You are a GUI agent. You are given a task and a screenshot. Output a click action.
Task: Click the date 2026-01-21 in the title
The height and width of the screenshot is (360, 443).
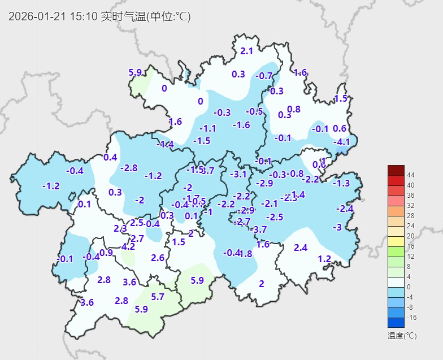[x=37, y=16]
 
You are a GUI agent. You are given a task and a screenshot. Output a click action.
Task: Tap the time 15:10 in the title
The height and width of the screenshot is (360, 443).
[x=82, y=16]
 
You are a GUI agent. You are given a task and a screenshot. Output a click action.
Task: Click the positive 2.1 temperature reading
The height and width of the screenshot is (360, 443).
[x=246, y=51]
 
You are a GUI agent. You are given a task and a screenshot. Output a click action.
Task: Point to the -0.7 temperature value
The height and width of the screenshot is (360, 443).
[x=264, y=76]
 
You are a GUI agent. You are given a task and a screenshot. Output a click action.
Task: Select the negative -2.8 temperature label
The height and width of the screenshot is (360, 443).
[x=129, y=168]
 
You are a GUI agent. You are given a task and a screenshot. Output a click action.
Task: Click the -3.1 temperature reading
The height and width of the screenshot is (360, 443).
[x=239, y=175]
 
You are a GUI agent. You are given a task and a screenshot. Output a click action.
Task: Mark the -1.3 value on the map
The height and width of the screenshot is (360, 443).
[x=341, y=183]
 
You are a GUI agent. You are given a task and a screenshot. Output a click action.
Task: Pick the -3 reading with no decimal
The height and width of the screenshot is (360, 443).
[x=337, y=227]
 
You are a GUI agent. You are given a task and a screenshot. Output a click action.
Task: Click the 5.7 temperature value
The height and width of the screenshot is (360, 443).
[x=158, y=297]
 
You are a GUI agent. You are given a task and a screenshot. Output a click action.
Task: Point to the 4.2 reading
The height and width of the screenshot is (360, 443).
[x=128, y=246]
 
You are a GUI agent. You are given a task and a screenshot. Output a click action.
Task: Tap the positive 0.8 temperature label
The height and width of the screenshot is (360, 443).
[x=294, y=109]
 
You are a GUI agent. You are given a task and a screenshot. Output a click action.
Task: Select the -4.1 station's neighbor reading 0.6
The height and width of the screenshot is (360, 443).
[x=340, y=128]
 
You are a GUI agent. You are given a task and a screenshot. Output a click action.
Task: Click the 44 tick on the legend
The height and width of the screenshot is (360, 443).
[x=411, y=175]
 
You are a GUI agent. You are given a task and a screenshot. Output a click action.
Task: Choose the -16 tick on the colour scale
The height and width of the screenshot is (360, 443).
[x=411, y=318]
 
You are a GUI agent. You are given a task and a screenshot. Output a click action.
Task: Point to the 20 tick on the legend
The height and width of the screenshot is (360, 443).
[x=410, y=236]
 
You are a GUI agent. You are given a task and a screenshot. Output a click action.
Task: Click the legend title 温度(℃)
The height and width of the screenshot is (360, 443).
[x=402, y=336]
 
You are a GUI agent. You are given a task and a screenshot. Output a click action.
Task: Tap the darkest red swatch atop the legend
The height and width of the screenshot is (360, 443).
[x=396, y=170]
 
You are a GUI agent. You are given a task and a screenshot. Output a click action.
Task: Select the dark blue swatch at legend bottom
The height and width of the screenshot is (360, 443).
[x=396, y=323]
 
